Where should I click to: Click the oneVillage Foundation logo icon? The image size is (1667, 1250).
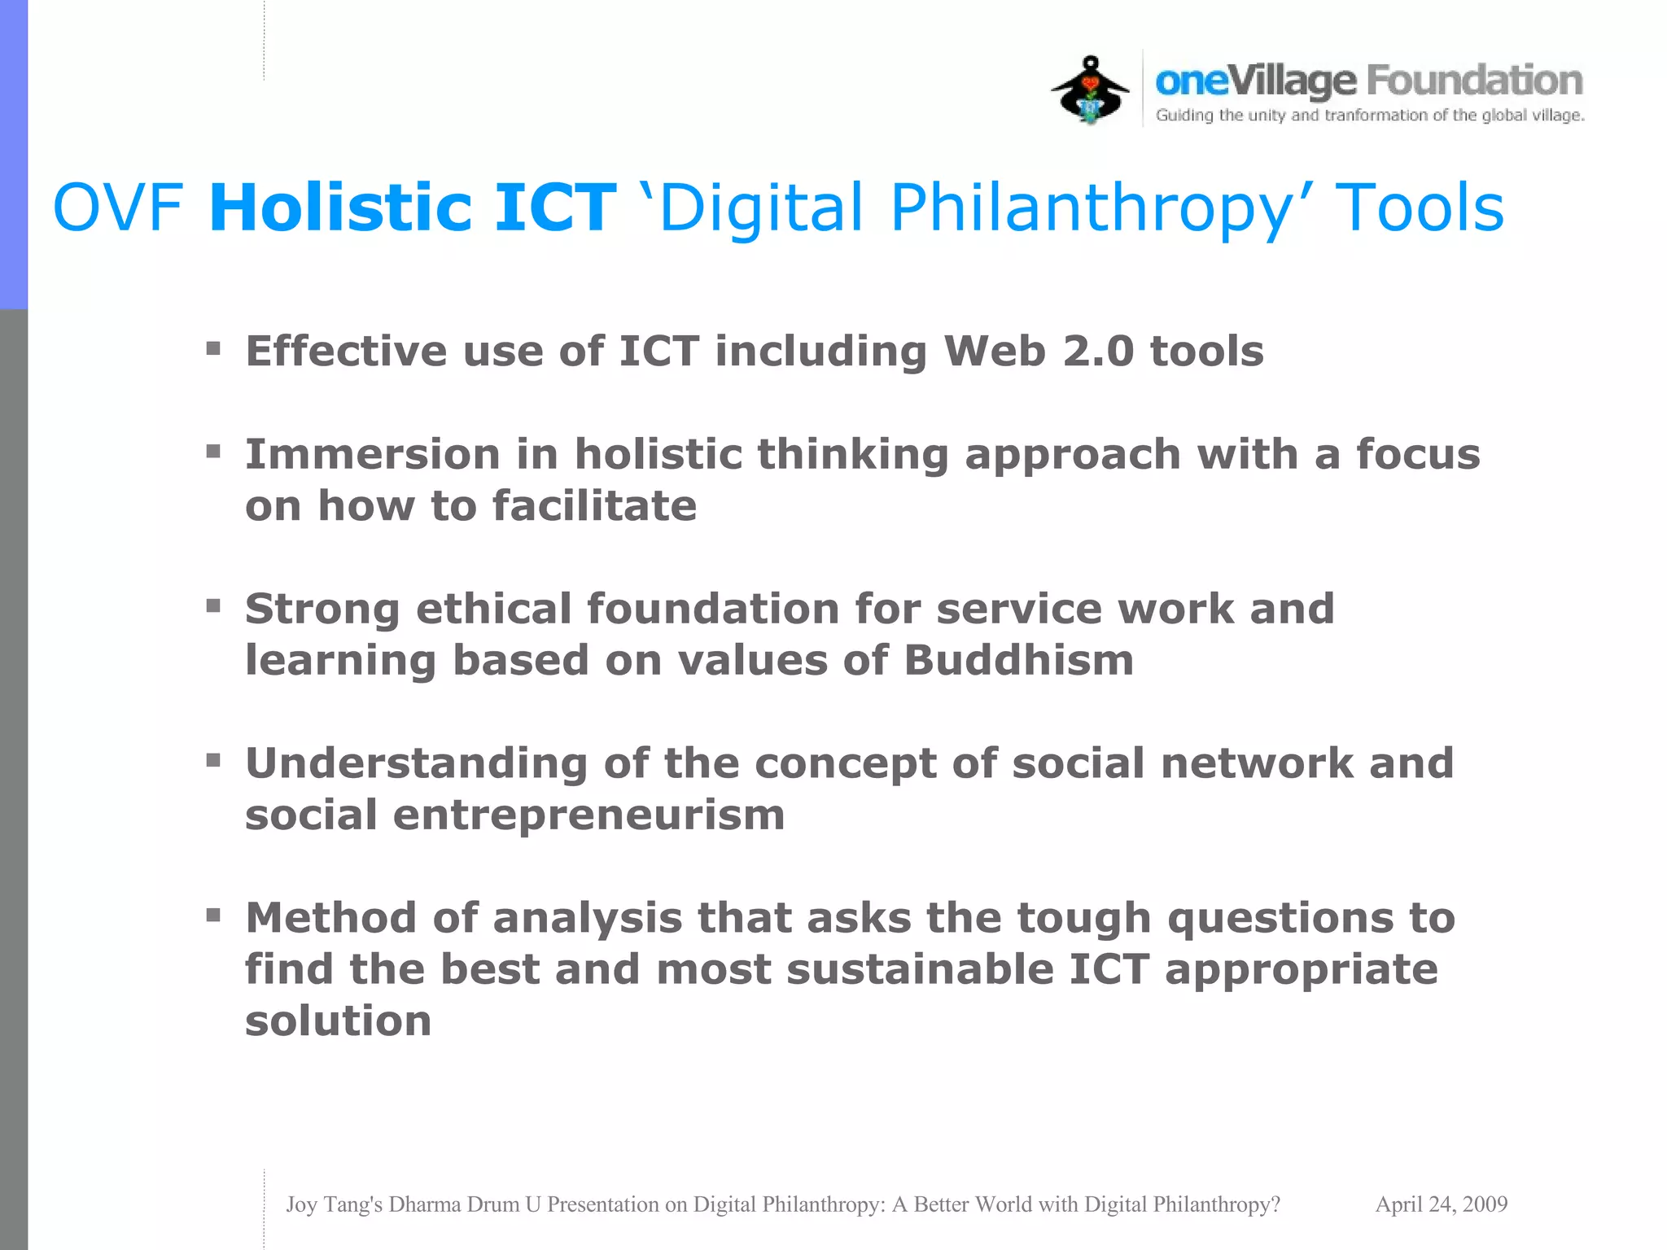pos(1090,90)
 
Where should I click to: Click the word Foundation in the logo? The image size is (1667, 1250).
pos(1474,81)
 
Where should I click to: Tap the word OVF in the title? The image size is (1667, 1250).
pos(118,208)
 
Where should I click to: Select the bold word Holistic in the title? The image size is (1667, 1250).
pos(340,208)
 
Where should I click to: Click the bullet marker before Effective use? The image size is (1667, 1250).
pos(213,349)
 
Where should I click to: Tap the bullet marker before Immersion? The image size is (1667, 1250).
pos(213,452)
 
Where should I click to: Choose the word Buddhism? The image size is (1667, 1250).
pos(1018,659)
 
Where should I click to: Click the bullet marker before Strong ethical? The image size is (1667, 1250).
pos(213,605)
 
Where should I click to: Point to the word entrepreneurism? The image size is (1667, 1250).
pos(588,815)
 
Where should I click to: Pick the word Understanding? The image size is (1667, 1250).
pos(416,763)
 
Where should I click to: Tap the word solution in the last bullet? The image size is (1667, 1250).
pos(338,1021)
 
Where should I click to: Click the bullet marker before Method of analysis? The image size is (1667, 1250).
pos(213,916)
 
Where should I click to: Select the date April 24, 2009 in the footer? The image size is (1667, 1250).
pos(1441,1204)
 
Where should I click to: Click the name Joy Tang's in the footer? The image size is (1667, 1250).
pos(334,1204)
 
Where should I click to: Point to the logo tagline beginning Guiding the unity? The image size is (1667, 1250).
pos(1369,116)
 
